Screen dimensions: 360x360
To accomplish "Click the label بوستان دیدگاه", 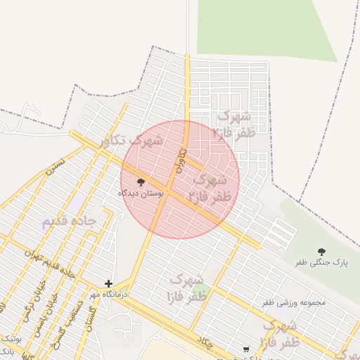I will pos(141,193).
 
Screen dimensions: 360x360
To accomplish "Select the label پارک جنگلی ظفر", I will pos(321,262).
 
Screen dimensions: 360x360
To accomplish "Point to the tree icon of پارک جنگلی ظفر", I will pos(321,252).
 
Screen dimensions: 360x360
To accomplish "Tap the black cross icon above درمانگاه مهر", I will pos(108,283).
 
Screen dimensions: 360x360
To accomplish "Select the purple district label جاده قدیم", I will pos(79,221).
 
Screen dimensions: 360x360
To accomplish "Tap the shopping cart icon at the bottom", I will pos(245,349).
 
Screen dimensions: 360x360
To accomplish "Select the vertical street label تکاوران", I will pos(180,160).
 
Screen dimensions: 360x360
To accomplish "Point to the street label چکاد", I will pos(205,342).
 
